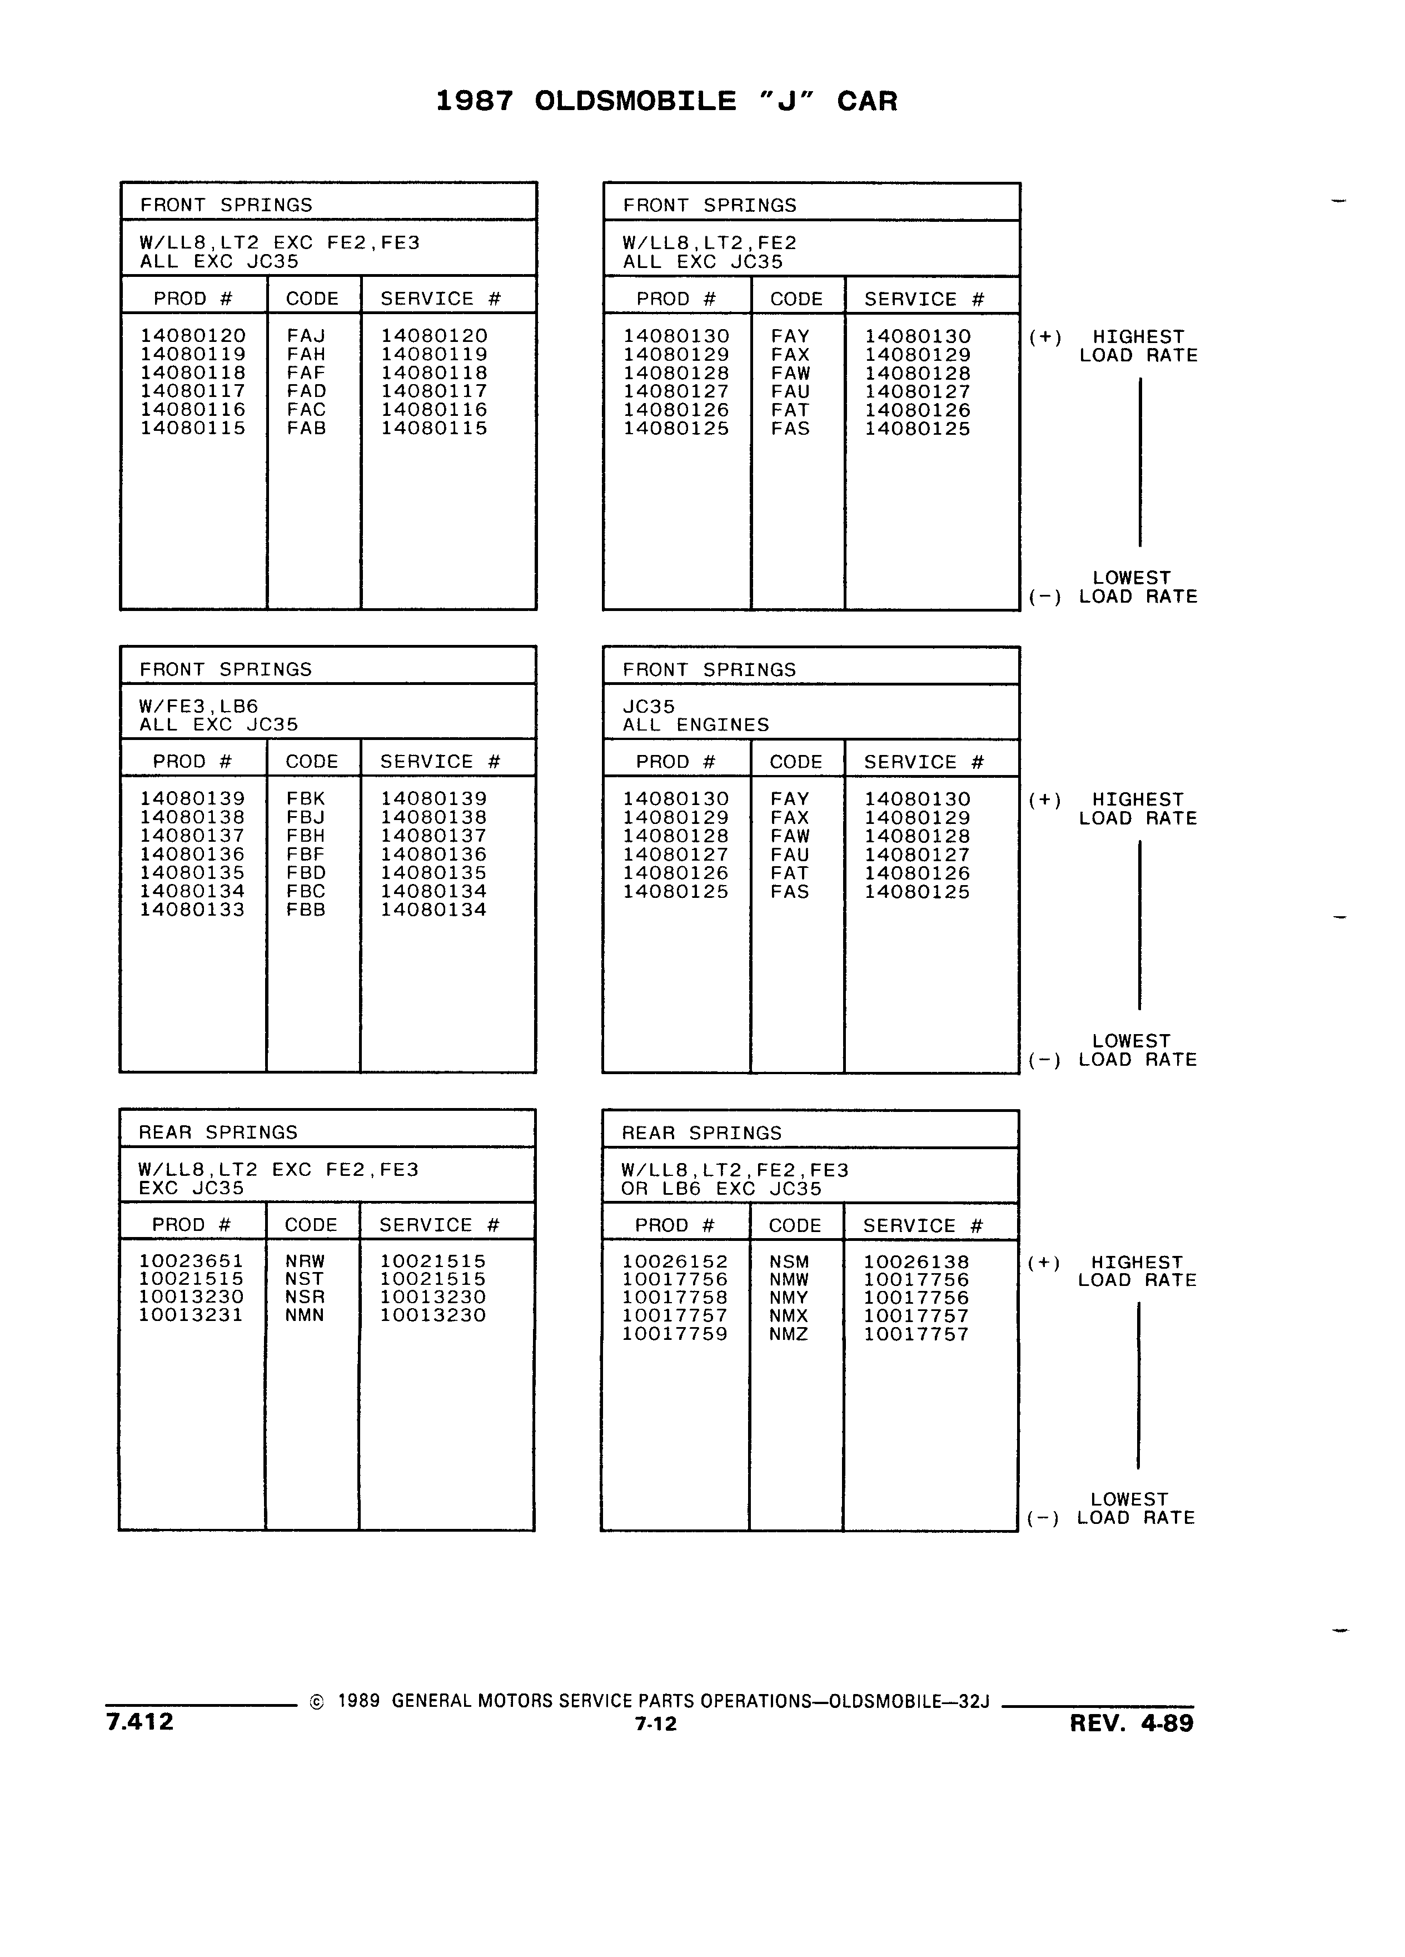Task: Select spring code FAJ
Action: (x=306, y=336)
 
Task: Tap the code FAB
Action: (x=306, y=428)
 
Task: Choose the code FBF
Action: (x=305, y=855)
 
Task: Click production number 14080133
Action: (x=192, y=910)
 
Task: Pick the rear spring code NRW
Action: (x=305, y=1261)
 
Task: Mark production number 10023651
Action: (x=192, y=1261)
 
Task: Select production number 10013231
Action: (x=192, y=1315)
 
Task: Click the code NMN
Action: (x=305, y=1315)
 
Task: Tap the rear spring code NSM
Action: (x=789, y=1261)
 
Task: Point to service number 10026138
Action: (x=916, y=1261)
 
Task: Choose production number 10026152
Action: (x=675, y=1261)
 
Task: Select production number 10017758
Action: (x=675, y=1298)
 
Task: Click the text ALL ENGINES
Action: (x=696, y=725)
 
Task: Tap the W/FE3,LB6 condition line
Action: (x=198, y=707)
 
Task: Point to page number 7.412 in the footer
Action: (x=139, y=1721)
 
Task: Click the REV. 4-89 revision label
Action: (x=1132, y=1723)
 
